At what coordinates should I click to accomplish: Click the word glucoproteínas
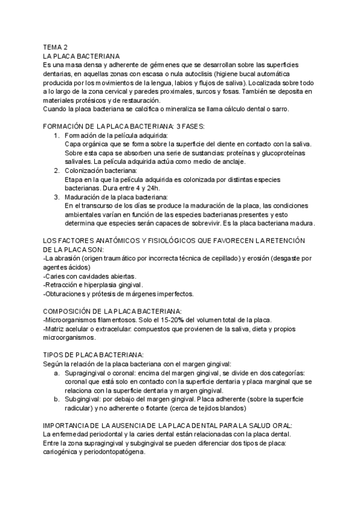276,153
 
